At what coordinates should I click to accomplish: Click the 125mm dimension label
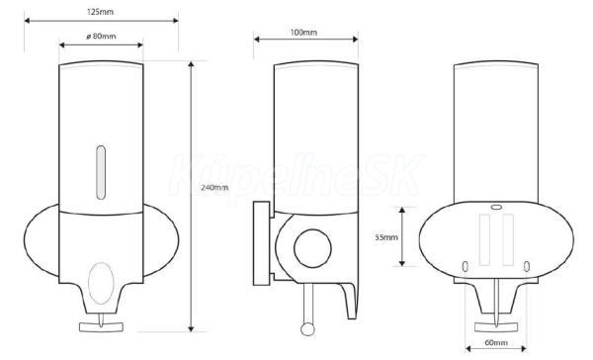(x=100, y=12)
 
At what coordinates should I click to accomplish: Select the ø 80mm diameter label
(x=101, y=37)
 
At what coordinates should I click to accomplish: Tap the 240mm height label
(x=214, y=187)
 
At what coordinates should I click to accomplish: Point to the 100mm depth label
(x=303, y=33)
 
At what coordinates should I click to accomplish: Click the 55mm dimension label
(x=386, y=237)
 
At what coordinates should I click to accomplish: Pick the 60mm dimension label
(x=496, y=342)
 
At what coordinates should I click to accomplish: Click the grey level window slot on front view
(x=101, y=172)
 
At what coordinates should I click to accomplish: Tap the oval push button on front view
(x=101, y=283)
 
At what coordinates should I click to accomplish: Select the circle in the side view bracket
(x=312, y=248)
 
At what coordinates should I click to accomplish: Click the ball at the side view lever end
(x=307, y=328)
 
